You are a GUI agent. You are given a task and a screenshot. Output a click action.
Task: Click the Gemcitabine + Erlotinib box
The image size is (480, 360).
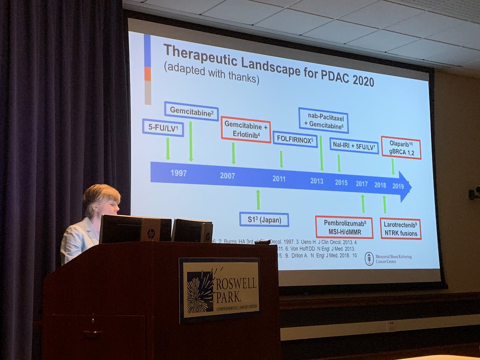click(x=246, y=130)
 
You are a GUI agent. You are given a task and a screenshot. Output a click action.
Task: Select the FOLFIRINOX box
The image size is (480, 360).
click(x=295, y=139)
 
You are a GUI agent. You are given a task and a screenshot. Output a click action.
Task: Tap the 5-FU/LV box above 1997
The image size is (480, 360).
click(x=163, y=128)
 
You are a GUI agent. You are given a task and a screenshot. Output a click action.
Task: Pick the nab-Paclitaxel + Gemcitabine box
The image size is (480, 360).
click(x=323, y=120)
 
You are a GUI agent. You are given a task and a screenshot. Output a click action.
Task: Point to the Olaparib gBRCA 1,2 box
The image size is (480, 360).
click(x=401, y=148)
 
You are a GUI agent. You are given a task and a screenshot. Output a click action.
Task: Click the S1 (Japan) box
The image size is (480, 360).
click(x=264, y=219)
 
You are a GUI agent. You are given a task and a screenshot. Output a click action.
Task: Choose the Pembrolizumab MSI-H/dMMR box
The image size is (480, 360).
click(x=344, y=227)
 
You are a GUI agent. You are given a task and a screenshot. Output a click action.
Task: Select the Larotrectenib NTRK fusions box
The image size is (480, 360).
click(x=400, y=228)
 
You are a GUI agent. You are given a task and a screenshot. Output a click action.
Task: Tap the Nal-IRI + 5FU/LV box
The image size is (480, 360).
click(x=354, y=146)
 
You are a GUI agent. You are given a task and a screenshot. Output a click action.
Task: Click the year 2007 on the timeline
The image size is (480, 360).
click(x=227, y=176)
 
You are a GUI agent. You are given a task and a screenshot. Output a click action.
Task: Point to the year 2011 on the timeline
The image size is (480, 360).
click(x=279, y=179)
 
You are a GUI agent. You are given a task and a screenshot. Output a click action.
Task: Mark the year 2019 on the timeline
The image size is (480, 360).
click(x=398, y=186)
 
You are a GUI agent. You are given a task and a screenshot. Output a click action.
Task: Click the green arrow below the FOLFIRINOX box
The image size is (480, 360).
click(x=282, y=159)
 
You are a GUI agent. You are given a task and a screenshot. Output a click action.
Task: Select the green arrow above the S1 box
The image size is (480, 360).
click(x=258, y=200)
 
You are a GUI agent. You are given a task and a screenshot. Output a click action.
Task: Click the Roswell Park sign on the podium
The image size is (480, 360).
click(x=219, y=289)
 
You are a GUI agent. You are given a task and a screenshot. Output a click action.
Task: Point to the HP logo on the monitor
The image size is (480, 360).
click(x=151, y=234)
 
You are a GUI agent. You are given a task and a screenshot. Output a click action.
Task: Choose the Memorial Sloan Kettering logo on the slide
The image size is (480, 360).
click(x=369, y=258)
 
